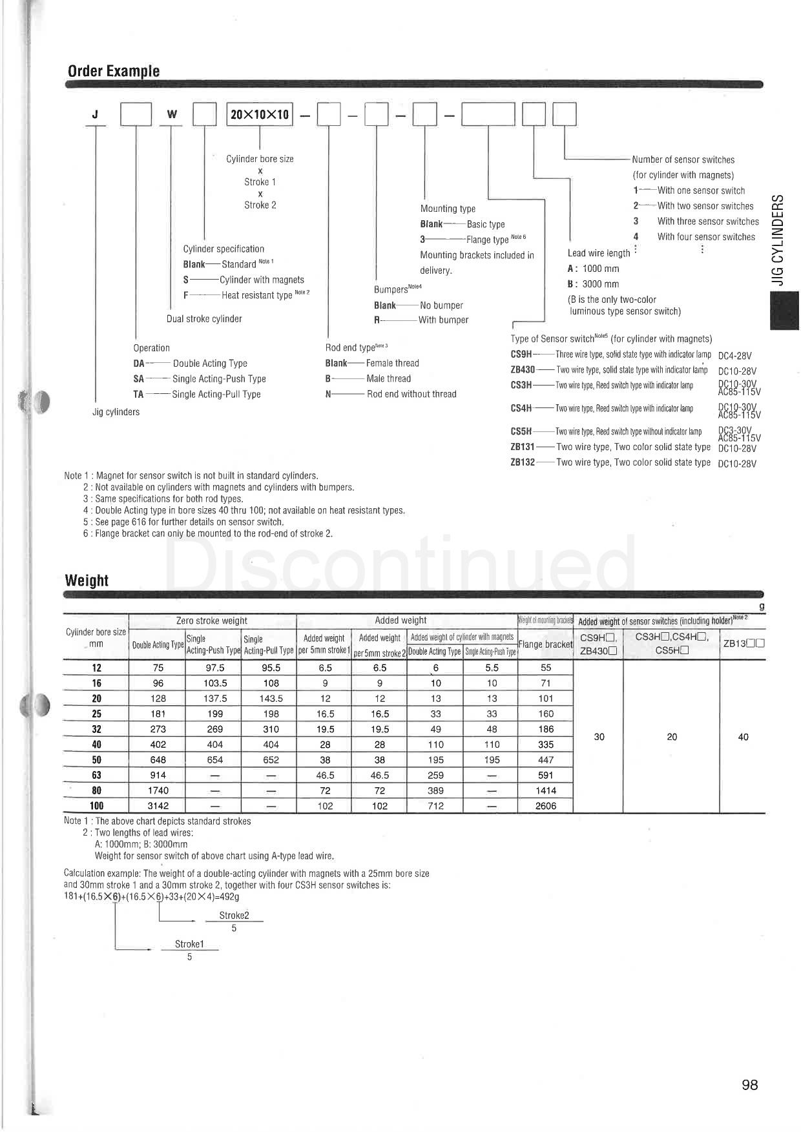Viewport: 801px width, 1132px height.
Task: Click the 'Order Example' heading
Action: (x=114, y=71)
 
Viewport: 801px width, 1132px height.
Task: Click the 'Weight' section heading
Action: (x=87, y=580)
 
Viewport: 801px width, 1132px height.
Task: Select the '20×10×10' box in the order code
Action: (x=260, y=115)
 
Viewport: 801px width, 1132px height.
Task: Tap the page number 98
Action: (x=749, y=1084)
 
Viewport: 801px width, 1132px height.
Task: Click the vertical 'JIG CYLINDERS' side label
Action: (x=779, y=240)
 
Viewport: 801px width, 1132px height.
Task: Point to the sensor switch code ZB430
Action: (x=523, y=370)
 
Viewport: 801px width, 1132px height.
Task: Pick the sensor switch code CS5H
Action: (x=521, y=431)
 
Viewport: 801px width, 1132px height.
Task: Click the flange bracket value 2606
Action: (x=546, y=805)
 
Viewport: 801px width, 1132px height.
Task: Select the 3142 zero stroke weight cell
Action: (x=158, y=805)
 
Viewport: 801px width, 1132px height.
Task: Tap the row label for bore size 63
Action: (x=96, y=775)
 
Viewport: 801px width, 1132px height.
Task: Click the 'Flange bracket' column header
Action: (x=546, y=644)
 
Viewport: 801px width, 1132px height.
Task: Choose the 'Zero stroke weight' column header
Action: (x=212, y=621)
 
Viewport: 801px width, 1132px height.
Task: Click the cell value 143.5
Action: (x=271, y=698)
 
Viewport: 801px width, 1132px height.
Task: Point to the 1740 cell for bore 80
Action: (x=158, y=790)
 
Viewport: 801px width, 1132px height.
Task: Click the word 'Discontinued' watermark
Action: (x=400, y=563)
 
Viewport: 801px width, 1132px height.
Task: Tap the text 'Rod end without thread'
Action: (x=411, y=394)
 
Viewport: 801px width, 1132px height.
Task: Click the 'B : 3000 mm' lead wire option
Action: (x=593, y=284)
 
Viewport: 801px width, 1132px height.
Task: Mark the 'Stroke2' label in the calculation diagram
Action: (x=234, y=915)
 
